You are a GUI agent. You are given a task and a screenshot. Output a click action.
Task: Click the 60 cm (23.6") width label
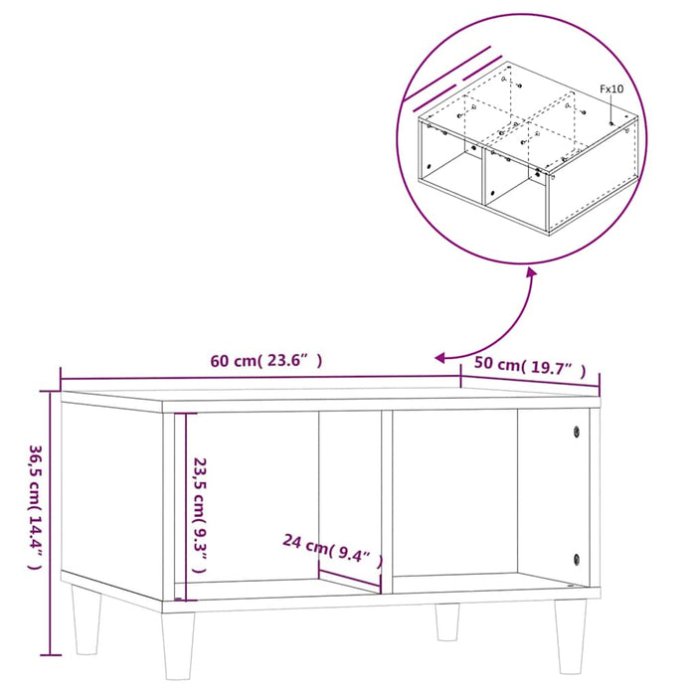[x=265, y=361]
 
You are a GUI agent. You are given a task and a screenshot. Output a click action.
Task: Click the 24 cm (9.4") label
[x=332, y=546]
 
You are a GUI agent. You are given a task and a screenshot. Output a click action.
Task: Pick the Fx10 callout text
[x=610, y=89]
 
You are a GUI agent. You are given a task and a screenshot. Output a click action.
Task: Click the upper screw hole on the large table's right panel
[x=576, y=432]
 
